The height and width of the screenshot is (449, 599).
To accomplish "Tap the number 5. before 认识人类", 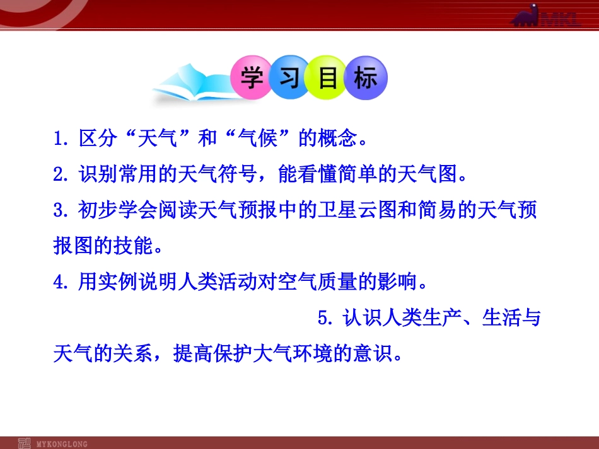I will tap(325, 319).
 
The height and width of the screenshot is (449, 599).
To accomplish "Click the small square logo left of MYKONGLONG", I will tap(24, 443).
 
